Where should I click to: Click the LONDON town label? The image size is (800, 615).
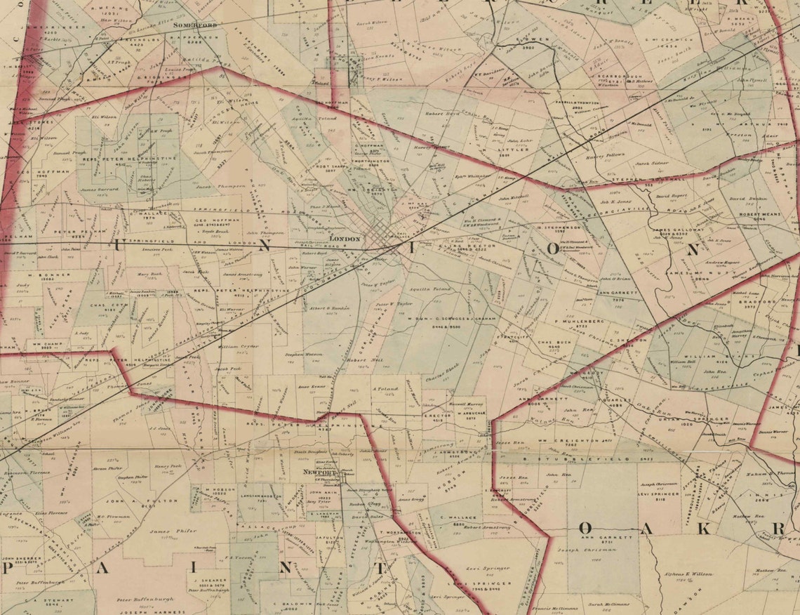point(344,239)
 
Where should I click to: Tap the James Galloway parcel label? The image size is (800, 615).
point(677,230)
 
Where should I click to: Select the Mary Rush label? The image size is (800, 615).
point(149,275)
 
